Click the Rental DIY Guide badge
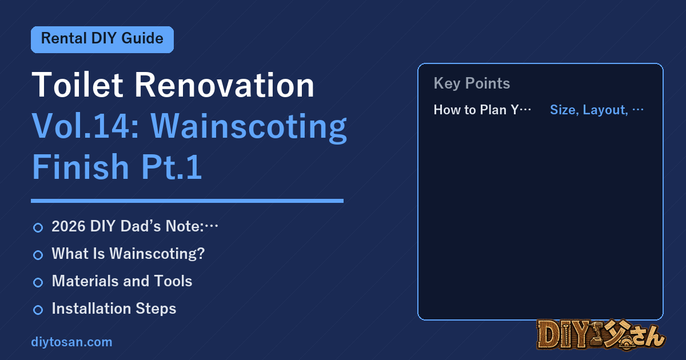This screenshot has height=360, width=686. pyautogui.click(x=102, y=39)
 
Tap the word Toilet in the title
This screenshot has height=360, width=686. pyautogui.click(x=77, y=85)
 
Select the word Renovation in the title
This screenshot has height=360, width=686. pyautogui.click(x=225, y=85)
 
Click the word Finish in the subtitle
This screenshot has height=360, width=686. pyautogui.click(x=81, y=166)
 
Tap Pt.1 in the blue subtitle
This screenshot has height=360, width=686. pyautogui.click(x=171, y=167)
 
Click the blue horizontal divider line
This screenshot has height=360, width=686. pyautogui.click(x=187, y=201)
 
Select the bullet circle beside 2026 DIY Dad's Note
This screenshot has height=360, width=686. pyautogui.click(x=38, y=227)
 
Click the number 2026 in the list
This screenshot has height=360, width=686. pyautogui.click(x=69, y=226)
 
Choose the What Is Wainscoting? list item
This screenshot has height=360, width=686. pyautogui.click(x=128, y=254)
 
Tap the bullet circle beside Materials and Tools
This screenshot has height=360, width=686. pyautogui.click(x=38, y=282)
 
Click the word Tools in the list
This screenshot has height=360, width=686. pyautogui.click(x=173, y=281)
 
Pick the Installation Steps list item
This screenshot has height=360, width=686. pyautogui.click(x=114, y=309)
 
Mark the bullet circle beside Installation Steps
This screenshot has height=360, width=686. pyautogui.click(x=38, y=310)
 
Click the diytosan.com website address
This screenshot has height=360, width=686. pyautogui.click(x=71, y=342)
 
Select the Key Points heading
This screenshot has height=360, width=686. pyautogui.click(x=472, y=83)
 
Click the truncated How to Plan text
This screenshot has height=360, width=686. pyautogui.click(x=482, y=110)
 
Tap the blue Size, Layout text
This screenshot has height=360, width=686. pyautogui.click(x=597, y=110)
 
